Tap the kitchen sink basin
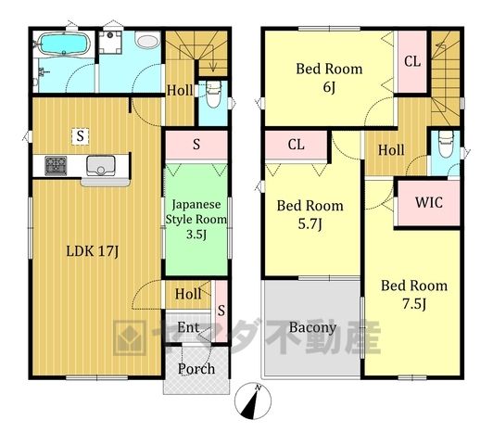coord(101,165)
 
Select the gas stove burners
coord(56,165)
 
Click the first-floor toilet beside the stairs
coord(213,95)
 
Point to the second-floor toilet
coord(446,144)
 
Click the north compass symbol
coord(253,400)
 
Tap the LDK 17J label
coord(93,251)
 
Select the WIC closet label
coord(429,202)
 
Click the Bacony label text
coord(312,327)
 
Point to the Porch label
coord(196,369)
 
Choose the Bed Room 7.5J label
coord(414,295)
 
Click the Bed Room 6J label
coord(329,78)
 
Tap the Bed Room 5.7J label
coord(310,214)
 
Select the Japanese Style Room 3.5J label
coord(196,219)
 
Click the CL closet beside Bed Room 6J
coord(412,61)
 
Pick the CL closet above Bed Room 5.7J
coord(296,145)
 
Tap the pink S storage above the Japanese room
coord(196,145)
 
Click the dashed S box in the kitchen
coord(81,136)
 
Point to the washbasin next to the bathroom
coord(147,42)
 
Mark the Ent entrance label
coord(188,327)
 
